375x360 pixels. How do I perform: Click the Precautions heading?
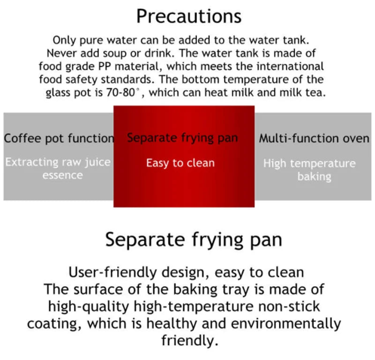coord(188,16)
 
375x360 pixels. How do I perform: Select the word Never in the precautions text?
coord(60,52)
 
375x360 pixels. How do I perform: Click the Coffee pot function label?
coord(59,139)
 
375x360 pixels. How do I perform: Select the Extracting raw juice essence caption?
coord(59,169)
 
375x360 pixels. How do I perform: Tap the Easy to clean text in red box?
coord(180,163)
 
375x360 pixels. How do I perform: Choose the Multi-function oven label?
coord(314,139)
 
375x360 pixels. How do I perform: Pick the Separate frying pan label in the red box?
coord(182,138)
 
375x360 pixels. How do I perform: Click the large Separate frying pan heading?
coord(193,240)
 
